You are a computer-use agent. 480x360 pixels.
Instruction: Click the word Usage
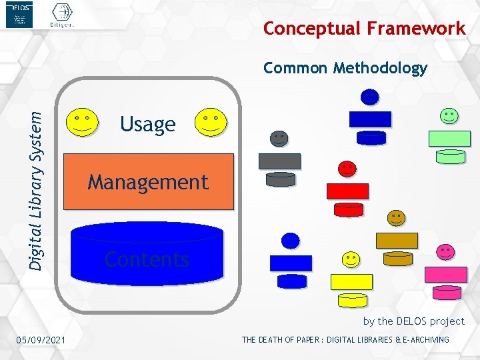tap(147, 124)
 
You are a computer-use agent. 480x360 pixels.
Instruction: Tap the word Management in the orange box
tap(148, 182)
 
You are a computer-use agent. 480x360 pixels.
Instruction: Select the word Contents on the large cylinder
tap(147, 259)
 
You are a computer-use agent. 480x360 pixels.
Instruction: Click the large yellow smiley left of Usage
tap(83, 122)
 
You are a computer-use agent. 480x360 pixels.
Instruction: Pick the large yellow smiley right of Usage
tap(210, 122)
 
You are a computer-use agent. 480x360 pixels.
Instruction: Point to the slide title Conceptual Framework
tap(364, 28)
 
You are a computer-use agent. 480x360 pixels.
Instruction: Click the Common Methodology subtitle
tap(345, 68)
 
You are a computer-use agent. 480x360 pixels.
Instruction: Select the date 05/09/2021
tap(41, 341)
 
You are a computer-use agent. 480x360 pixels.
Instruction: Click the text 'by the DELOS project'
tap(413, 321)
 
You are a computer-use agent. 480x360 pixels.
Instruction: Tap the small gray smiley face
tap(279, 139)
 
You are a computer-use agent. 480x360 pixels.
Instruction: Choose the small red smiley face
tap(347, 169)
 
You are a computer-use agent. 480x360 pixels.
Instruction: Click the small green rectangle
tap(449, 139)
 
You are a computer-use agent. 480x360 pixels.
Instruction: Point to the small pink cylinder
tap(446, 292)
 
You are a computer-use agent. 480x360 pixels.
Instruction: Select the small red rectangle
tap(347, 191)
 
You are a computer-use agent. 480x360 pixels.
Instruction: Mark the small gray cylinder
tap(280, 179)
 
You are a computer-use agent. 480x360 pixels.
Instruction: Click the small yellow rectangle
tap(351, 281)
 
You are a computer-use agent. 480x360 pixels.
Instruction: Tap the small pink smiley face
tap(445, 252)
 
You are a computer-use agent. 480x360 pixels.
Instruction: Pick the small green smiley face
tap(449, 116)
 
